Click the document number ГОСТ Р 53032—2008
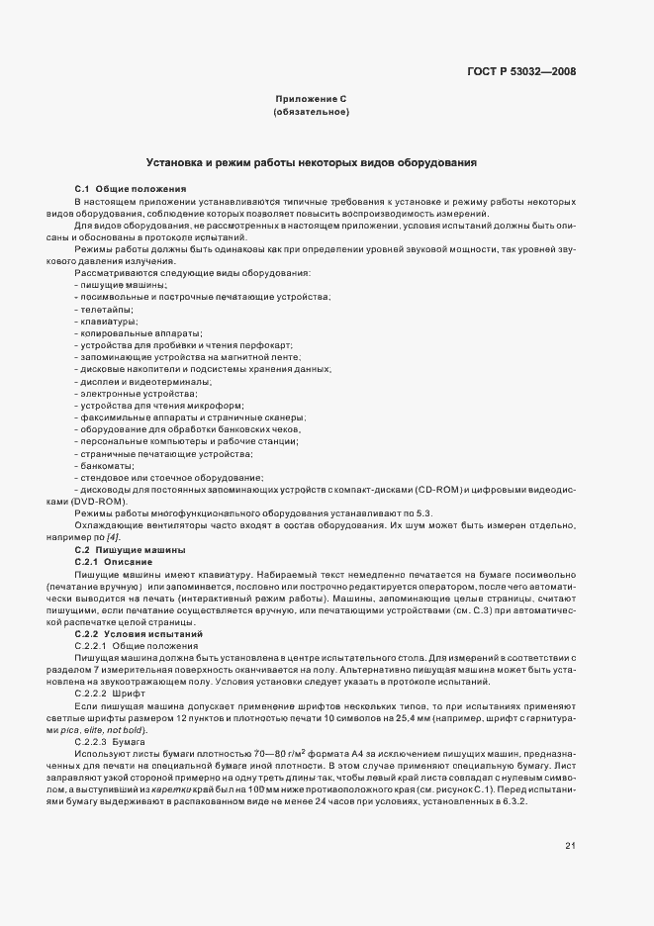[x=520, y=71]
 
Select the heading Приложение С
[x=311, y=99]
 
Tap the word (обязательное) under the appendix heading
[x=311, y=112]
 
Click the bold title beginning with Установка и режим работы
[x=312, y=160]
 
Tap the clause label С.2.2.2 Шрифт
[x=110, y=693]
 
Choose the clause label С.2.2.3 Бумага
[x=111, y=741]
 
